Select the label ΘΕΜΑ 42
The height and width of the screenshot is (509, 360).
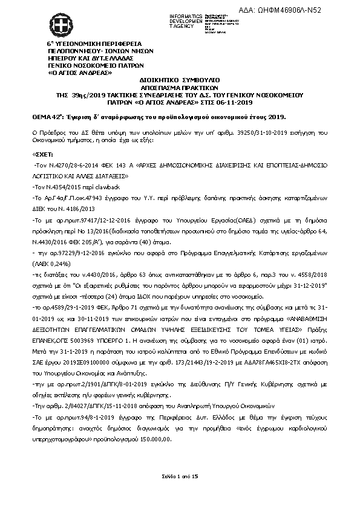point(48,115)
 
